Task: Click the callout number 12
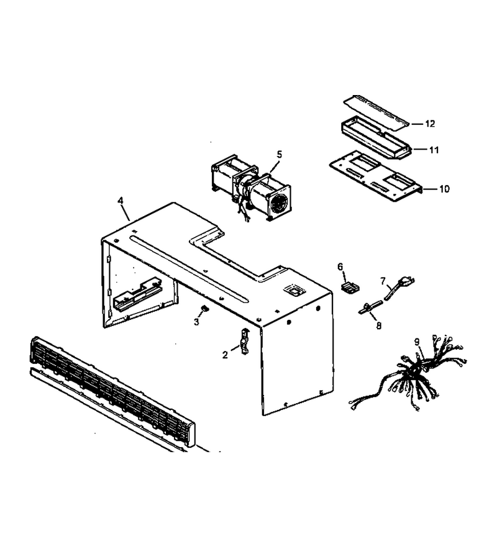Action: click(430, 124)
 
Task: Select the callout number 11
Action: click(434, 150)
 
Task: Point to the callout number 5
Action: click(279, 155)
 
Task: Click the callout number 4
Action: click(121, 201)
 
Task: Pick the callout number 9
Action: click(417, 342)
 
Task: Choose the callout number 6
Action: click(340, 266)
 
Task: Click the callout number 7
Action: click(383, 281)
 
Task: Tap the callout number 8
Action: click(378, 325)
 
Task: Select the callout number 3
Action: click(196, 322)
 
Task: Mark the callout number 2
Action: click(225, 355)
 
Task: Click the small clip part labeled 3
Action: click(204, 308)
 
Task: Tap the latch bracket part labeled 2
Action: click(245, 342)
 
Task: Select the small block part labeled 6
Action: click(349, 287)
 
